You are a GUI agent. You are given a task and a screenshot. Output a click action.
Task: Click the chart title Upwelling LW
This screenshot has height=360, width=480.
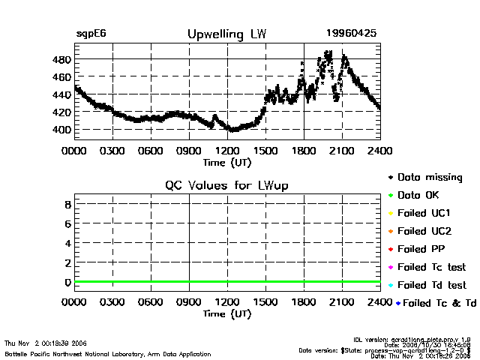coord(226,34)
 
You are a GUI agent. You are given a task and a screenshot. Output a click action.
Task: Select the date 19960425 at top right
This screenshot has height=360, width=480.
coord(351,34)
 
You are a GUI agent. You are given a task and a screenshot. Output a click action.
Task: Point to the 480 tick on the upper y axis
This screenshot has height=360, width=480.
coord(61,59)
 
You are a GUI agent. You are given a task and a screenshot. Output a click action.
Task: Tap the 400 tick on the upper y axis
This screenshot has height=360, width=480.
coord(61,130)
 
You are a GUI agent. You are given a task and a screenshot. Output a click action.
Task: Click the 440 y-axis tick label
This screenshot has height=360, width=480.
coord(61,94)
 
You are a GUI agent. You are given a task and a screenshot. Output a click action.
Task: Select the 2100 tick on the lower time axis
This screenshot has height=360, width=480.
coord(342,302)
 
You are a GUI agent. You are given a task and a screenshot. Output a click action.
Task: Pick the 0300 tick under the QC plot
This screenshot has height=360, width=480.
coord(112,302)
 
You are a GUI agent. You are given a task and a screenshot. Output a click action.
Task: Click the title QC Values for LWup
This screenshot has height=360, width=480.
coord(226,185)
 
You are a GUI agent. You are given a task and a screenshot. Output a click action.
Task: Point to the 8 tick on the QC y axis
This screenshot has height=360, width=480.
coord(67,204)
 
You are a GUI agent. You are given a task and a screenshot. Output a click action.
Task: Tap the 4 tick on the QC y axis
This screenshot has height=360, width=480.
coord(67,243)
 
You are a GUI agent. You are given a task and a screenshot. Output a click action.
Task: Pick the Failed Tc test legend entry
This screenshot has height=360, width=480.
coord(431,267)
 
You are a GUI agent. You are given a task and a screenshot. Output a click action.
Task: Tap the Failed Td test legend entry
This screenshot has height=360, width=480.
coord(431,285)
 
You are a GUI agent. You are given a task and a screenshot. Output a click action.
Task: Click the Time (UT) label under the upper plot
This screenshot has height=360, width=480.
coord(226,161)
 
